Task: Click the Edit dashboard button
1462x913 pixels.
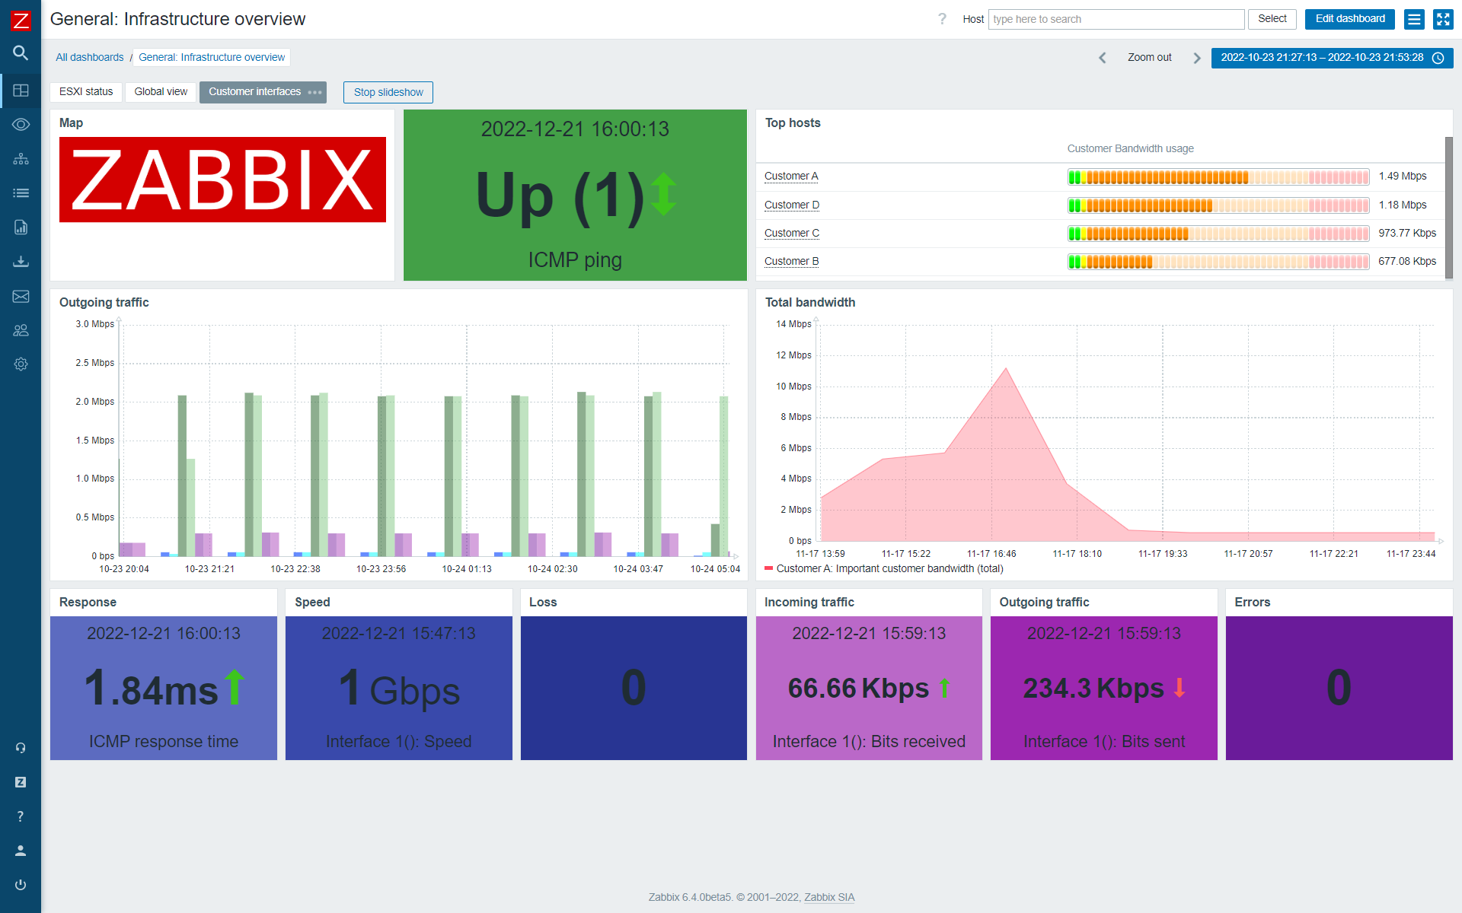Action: (1349, 19)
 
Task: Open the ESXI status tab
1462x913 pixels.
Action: (86, 92)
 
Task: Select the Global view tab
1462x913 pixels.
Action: (161, 92)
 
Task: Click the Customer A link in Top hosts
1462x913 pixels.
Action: (791, 177)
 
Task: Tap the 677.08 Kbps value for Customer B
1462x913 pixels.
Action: (1406, 262)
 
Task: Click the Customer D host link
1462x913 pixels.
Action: (792, 205)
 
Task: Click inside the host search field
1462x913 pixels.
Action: (1116, 19)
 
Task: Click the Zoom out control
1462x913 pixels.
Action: (1149, 58)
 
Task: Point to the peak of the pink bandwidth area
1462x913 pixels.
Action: (1006, 369)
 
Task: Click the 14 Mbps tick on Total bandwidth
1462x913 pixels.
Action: (793, 324)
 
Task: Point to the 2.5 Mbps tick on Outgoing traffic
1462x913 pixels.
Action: (94, 363)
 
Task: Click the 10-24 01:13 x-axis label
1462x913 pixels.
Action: (467, 569)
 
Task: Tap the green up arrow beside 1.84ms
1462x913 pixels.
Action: (235, 686)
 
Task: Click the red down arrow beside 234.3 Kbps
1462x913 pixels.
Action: (1179, 688)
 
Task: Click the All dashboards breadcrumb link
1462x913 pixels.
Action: (89, 58)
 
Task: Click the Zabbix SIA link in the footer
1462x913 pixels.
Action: (829, 898)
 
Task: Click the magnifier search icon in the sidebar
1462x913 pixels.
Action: (21, 53)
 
